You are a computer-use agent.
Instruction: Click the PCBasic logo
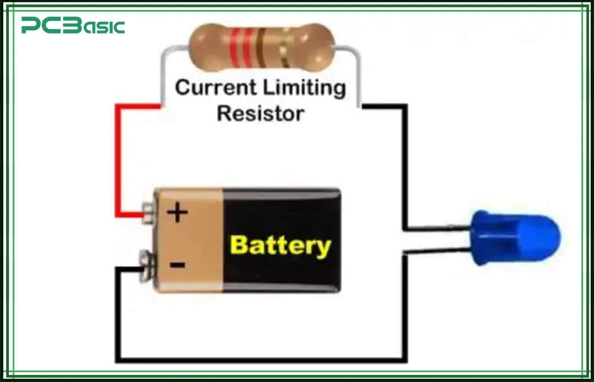73,26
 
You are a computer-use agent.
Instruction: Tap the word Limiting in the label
304,88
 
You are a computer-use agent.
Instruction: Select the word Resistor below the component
260,113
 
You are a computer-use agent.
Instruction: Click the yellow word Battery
280,245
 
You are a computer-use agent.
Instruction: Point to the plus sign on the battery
177,213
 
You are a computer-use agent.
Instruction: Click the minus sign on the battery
177,265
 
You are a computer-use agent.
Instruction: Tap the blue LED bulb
516,238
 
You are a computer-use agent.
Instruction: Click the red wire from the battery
117,165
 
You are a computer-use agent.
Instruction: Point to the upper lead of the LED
440,228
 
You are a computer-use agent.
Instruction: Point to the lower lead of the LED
440,251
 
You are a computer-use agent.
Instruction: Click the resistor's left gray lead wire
163,71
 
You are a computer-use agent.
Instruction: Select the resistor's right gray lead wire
359,71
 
